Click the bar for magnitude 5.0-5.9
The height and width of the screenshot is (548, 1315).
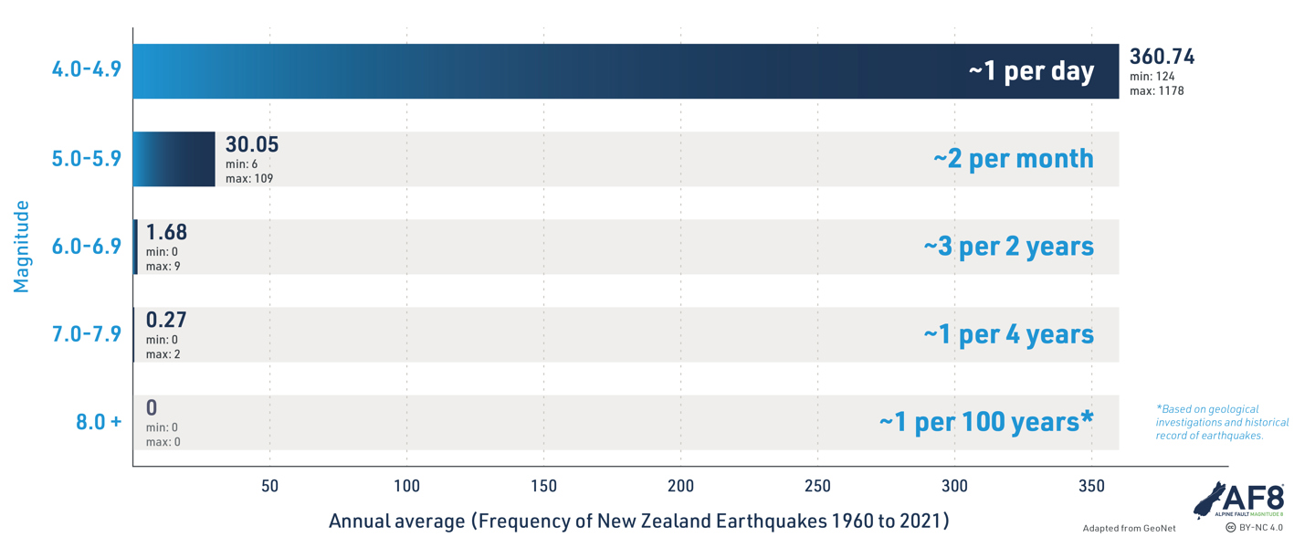click(174, 159)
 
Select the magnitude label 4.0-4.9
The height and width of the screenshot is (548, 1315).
click(86, 69)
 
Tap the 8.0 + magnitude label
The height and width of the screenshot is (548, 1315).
click(99, 422)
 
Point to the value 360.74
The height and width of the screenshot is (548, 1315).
click(1162, 57)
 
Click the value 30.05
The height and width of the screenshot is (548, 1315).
click(252, 144)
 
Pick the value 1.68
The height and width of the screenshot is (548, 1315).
click(166, 233)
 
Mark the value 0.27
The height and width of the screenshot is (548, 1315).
click(166, 320)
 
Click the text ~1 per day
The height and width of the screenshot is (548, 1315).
click(1032, 71)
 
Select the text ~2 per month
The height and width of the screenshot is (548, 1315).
click(1014, 159)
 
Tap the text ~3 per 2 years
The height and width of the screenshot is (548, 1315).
click(1008, 247)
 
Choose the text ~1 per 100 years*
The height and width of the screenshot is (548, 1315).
click(986, 422)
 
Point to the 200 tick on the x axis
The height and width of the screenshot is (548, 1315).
click(680, 486)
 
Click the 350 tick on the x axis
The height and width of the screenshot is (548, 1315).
click(1091, 486)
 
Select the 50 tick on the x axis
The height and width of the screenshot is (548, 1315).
click(269, 486)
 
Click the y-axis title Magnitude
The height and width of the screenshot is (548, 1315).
click(21, 247)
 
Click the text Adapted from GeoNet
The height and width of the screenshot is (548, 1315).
click(1129, 529)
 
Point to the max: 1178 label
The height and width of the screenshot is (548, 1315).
click(1156, 91)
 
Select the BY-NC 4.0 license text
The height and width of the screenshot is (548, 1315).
click(1255, 527)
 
